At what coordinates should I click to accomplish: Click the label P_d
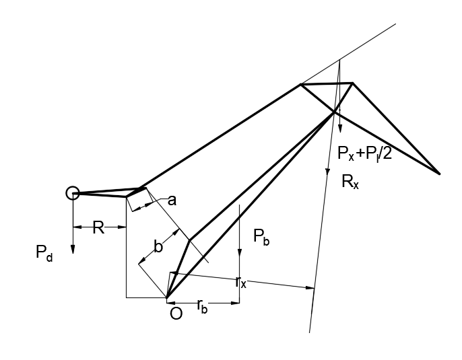coord(43,253)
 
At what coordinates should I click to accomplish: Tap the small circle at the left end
coord(72,193)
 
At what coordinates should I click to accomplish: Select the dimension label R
coord(98,227)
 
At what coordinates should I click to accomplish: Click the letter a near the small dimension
coord(172,200)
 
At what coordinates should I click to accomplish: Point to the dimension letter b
coord(158,246)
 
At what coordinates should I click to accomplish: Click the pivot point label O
coord(176,313)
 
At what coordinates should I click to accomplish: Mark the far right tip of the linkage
coord(439,174)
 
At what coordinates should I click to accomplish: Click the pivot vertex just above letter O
coord(166,297)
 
